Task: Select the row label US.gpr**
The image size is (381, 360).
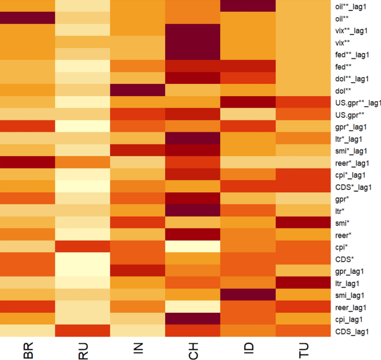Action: click(349, 114)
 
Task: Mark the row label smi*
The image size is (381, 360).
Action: click(342, 223)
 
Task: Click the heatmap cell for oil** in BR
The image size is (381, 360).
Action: click(28, 18)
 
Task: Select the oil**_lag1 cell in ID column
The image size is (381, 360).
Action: click(248, 6)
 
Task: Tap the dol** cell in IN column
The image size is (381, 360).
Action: click(138, 90)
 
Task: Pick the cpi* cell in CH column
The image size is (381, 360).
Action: click(193, 247)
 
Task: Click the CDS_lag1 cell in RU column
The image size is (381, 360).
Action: click(83, 331)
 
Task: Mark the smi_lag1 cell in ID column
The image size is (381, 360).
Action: click(248, 295)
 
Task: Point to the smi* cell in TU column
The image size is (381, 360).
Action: click(303, 223)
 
